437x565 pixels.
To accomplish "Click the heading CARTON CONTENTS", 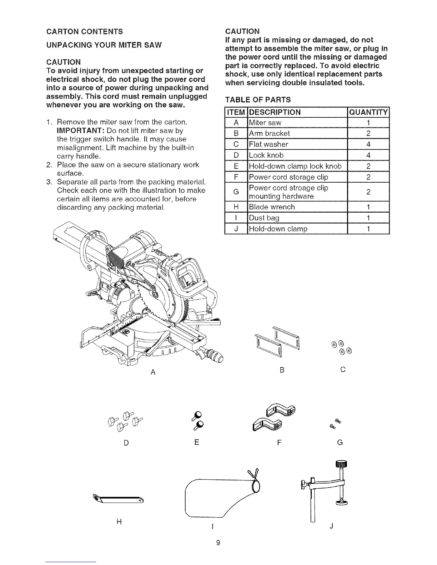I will tap(85, 32).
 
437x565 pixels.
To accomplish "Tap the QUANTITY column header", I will tap(368, 112).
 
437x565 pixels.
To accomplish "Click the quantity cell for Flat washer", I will tap(368, 144).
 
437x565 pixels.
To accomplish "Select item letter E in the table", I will tap(236, 167).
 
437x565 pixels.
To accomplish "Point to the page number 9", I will tap(218, 543).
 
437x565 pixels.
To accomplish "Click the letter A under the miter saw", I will tap(153, 372).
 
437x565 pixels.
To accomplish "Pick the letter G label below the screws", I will tap(340, 443).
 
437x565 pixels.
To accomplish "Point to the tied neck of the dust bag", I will tap(255, 485).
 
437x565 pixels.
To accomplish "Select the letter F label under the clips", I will tap(280, 443).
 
